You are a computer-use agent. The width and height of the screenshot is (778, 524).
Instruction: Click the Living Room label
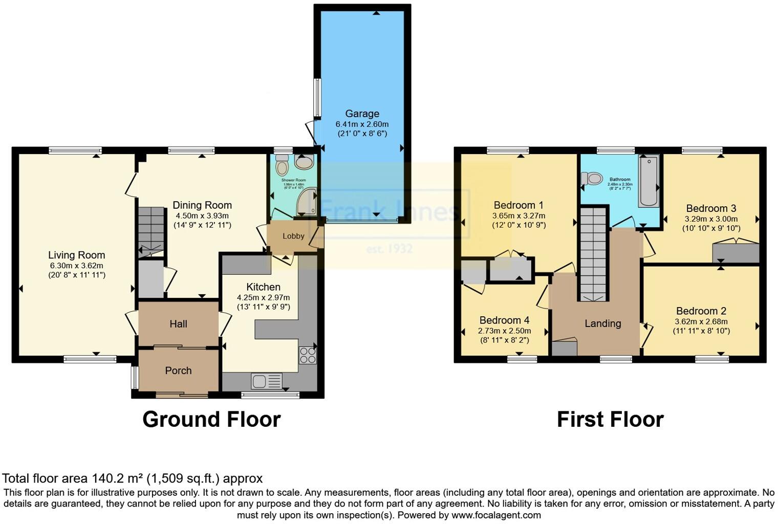(76, 255)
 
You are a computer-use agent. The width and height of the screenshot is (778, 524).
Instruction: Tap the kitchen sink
(266, 381)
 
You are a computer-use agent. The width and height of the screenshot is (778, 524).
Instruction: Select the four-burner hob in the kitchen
(308, 355)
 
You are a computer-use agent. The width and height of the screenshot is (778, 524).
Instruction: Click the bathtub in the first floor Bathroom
(648, 182)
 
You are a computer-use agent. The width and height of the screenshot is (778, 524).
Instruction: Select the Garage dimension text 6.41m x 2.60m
(362, 124)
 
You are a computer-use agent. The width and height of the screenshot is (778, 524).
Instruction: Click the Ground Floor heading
(211, 419)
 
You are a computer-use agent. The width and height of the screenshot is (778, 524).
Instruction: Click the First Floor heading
(610, 419)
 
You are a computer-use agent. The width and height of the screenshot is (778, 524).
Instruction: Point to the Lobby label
(293, 236)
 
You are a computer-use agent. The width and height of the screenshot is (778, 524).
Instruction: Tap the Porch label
(178, 370)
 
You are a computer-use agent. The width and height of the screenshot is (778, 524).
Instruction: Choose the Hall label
(178, 324)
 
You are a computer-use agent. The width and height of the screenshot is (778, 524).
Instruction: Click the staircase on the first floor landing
(593, 254)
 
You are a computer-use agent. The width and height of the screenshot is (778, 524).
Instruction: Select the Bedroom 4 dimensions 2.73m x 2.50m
(504, 331)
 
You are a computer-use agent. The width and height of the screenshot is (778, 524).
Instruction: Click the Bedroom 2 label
(701, 311)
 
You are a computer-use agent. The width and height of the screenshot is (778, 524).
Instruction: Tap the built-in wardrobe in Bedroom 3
(736, 253)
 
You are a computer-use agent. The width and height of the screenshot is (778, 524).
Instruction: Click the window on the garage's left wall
(317, 97)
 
